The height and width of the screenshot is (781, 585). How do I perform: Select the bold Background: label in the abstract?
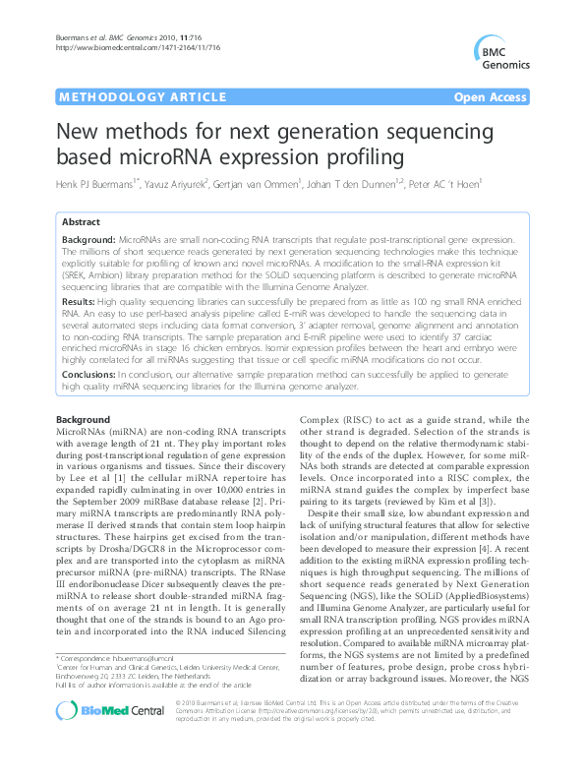88,240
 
